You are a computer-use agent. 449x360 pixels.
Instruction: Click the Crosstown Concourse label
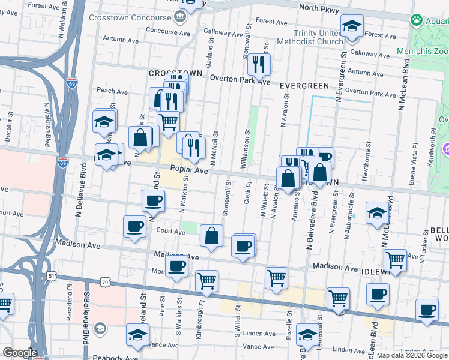click(127, 17)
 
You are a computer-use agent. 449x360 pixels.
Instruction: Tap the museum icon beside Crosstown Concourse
click(178, 17)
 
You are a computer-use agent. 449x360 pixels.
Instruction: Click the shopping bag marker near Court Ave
click(212, 236)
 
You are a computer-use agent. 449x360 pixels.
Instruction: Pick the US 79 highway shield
click(106, 282)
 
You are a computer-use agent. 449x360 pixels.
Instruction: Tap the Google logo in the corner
click(20, 353)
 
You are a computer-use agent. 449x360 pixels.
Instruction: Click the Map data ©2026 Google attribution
click(411, 355)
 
